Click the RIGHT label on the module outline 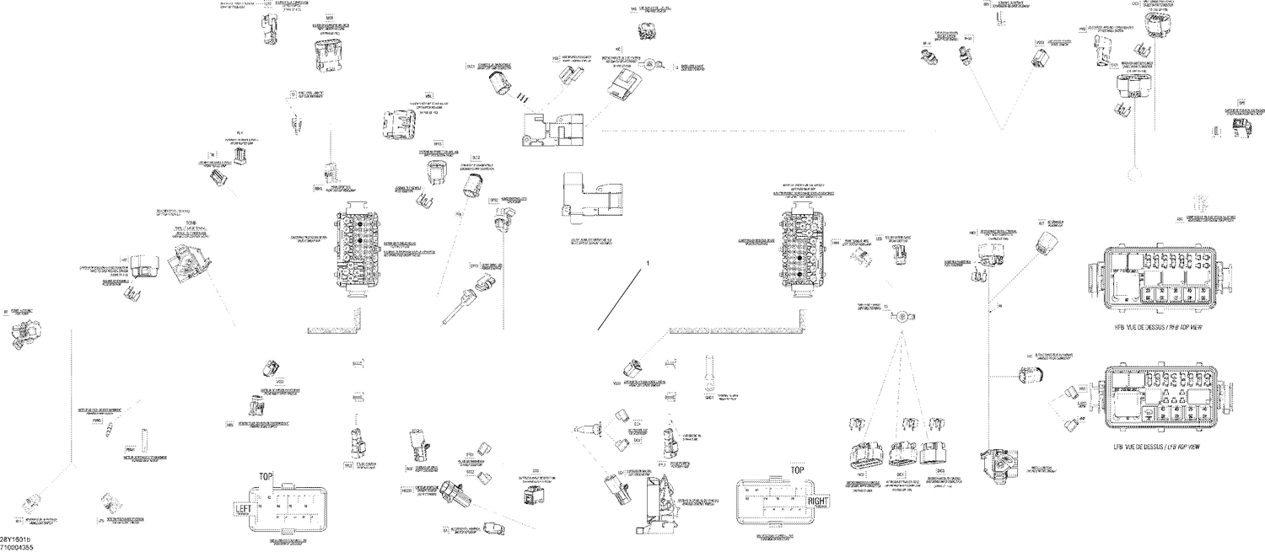tap(819, 502)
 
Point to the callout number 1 tap(648, 264)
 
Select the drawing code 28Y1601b tap(16, 539)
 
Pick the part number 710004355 tap(17, 548)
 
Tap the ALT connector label tap(1042, 224)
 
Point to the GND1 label tap(709, 394)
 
